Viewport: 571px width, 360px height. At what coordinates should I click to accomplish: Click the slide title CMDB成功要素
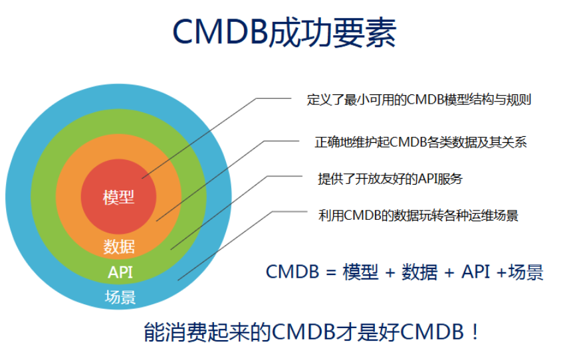285,33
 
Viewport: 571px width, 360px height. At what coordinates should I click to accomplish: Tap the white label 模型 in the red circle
119,198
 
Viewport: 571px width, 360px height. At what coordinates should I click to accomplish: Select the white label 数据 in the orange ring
119,247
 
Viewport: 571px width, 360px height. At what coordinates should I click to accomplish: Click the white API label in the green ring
120,272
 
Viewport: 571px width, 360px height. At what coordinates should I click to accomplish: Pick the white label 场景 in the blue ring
120,297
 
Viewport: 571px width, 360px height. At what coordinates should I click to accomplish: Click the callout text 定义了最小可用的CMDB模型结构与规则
419,100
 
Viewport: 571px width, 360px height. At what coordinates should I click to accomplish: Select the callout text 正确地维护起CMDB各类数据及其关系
421,142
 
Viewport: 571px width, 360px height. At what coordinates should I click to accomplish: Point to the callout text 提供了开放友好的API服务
390,179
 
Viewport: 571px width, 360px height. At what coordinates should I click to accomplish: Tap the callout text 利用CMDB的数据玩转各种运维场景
418,215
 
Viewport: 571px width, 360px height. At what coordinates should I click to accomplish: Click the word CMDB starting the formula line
292,272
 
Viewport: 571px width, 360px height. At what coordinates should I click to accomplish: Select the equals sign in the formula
330,272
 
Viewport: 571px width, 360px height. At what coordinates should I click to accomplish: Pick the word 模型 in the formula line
360,272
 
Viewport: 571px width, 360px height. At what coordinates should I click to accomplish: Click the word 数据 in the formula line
419,272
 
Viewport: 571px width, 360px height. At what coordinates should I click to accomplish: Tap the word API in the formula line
475,272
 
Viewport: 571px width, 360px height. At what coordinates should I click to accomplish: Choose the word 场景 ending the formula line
526,272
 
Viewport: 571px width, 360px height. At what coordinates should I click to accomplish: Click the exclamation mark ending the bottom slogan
475,332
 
